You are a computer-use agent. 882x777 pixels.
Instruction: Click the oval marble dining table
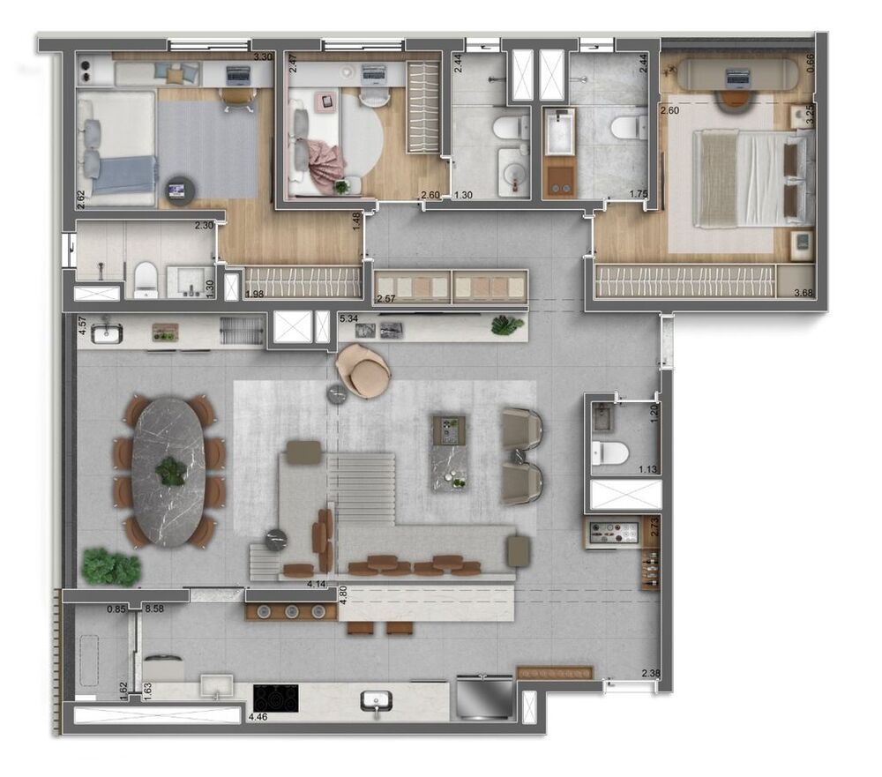pyautogui.click(x=168, y=470)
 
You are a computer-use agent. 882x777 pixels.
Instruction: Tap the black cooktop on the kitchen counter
pyautogui.click(x=275, y=698)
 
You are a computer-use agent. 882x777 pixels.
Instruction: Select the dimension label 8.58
pyautogui.click(x=154, y=609)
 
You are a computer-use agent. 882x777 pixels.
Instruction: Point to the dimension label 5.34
pyautogui.click(x=348, y=318)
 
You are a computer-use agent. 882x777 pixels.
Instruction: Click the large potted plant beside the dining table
pyautogui.click(x=111, y=566)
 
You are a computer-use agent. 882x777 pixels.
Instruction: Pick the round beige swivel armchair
pyautogui.click(x=363, y=370)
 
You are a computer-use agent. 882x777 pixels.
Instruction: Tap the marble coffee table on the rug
pyautogui.click(x=454, y=452)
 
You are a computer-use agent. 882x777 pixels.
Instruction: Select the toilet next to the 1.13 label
pyautogui.click(x=609, y=452)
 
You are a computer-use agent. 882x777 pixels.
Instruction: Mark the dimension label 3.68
pyautogui.click(x=804, y=294)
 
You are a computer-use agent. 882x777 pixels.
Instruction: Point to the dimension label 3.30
pyautogui.click(x=262, y=57)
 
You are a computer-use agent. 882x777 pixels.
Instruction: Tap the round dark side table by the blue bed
pyautogui.click(x=181, y=188)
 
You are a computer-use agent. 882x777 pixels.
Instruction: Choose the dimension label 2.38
pyautogui.click(x=651, y=675)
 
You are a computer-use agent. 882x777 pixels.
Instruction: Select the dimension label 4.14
pyautogui.click(x=317, y=584)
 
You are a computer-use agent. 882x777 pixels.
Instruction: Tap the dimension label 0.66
pyautogui.click(x=811, y=64)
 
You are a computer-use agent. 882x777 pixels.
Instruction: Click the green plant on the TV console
pyautogui.click(x=507, y=325)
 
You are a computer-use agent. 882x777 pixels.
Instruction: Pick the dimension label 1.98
pyautogui.click(x=255, y=294)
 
